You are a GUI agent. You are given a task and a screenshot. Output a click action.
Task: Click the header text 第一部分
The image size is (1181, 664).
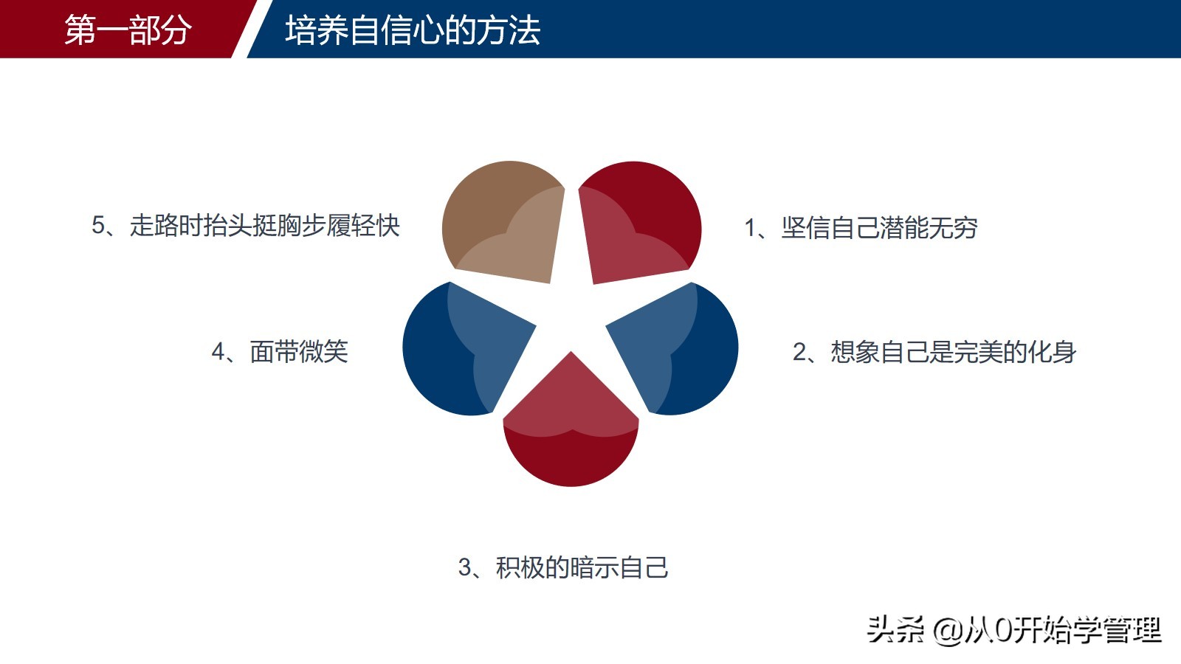[x=128, y=30]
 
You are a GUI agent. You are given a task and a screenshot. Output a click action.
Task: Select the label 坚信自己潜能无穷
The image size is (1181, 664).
[x=879, y=228]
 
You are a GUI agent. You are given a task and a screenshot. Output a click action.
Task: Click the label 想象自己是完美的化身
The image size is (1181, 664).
[x=953, y=352]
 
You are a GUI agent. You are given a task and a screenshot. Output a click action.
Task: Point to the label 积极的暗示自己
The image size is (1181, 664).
[x=582, y=567]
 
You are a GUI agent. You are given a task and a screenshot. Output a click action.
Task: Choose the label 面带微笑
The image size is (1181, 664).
[x=299, y=351]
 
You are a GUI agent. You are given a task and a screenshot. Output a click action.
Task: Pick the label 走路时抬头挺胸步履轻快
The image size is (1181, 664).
[x=264, y=225]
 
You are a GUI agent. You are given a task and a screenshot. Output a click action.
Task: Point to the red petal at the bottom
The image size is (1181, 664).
[x=571, y=435]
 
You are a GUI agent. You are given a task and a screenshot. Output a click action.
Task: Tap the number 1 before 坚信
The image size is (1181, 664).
[x=750, y=228]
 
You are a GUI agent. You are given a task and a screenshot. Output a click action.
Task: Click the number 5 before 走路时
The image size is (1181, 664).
[x=99, y=225]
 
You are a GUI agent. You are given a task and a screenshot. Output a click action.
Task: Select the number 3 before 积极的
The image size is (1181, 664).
[x=465, y=567]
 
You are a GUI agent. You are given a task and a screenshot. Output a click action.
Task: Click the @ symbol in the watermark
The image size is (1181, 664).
[x=947, y=630]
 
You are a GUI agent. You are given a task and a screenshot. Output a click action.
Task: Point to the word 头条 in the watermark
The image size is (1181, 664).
[x=895, y=629]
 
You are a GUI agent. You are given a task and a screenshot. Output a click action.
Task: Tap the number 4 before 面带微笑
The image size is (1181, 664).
[x=218, y=351]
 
